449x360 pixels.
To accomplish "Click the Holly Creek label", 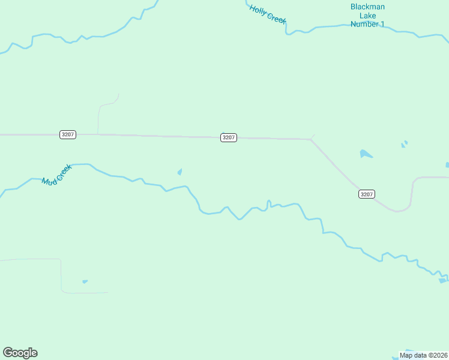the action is point(268,14).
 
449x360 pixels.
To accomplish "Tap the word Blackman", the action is point(367,7).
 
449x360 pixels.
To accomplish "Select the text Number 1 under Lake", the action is point(367,24).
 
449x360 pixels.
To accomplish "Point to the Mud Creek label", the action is point(56,174).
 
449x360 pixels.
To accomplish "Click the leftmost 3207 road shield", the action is point(68,134).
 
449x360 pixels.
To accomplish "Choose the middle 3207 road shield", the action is point(229,137).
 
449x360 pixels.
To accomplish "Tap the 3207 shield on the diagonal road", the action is point(367,194).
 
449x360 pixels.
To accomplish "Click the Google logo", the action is point(20,353).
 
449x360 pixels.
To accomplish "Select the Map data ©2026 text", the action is point(423,355).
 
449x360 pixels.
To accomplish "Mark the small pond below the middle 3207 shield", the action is point(180,172).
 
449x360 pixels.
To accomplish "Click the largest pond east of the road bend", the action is point(366,154).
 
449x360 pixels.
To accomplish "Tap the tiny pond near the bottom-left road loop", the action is point(85,281).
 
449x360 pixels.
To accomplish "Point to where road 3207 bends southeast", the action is point(311,140).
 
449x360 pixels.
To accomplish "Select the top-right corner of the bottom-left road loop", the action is point(61,260).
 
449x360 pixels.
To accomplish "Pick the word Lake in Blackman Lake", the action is point(367,16).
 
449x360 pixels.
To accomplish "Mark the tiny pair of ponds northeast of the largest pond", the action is point(405,143).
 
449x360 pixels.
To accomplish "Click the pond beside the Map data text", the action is point(411,351).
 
